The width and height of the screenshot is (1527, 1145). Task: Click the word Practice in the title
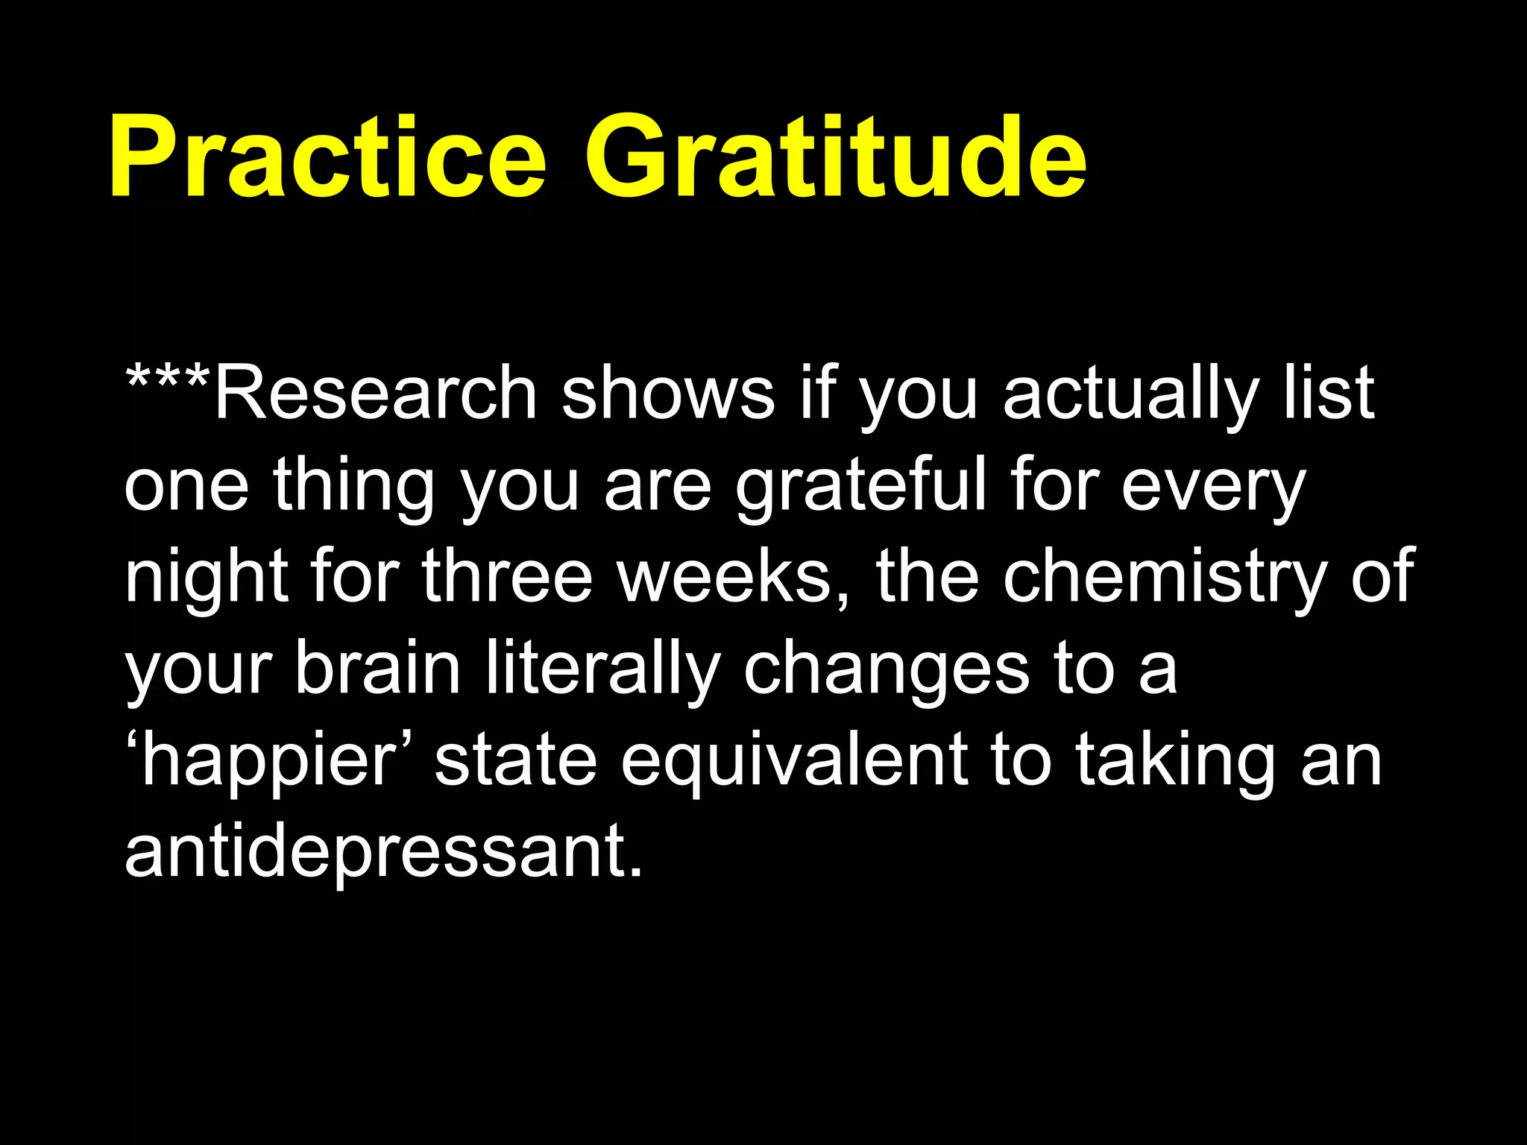click(328, 158)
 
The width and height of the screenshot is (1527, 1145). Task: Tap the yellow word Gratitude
click(835, 158)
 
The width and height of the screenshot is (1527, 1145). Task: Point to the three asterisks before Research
click(168, 380)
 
